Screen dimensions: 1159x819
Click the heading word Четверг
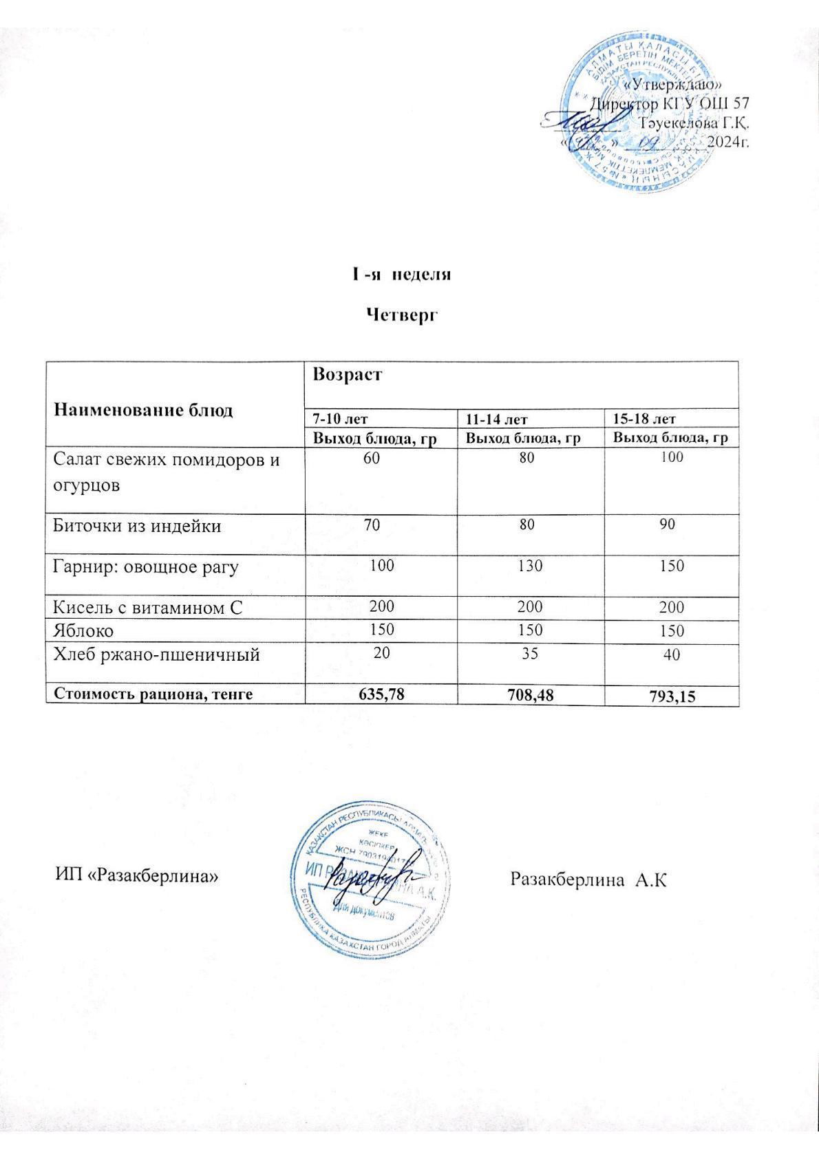402,315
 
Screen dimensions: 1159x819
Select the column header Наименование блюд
143,410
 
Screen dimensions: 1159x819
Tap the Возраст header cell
348,375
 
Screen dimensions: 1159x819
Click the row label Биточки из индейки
138,527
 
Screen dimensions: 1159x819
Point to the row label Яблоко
84,630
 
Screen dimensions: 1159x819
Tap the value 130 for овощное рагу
527,566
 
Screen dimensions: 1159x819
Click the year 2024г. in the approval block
728,142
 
